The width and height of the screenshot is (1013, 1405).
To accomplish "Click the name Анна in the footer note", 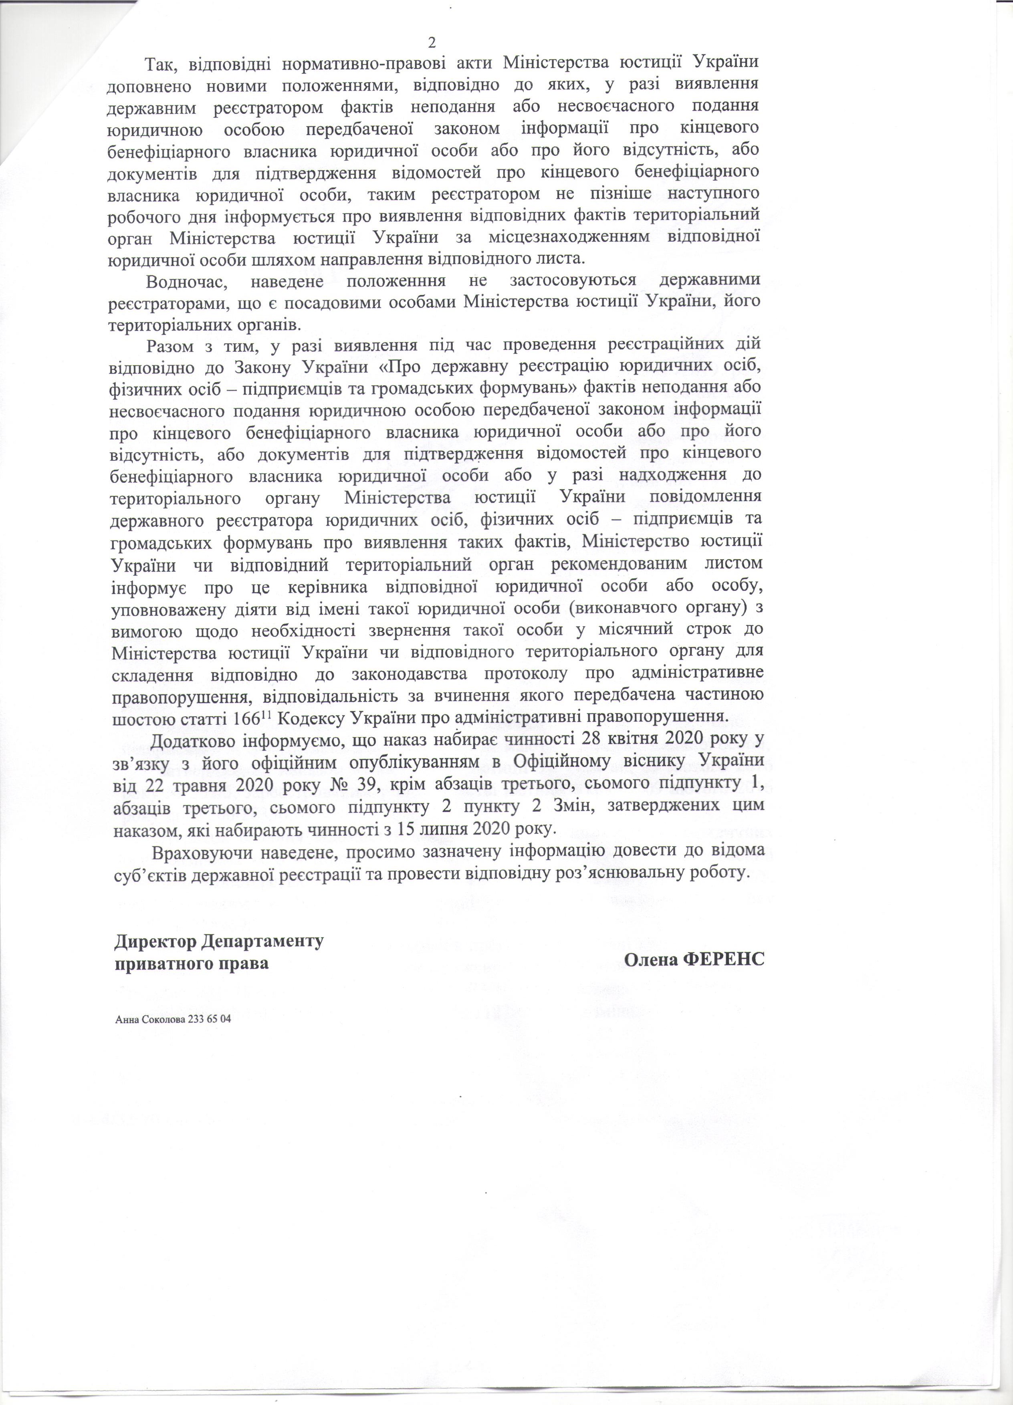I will click(126, 1020).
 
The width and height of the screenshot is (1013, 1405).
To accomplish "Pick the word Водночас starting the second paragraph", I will click(186, 281).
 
